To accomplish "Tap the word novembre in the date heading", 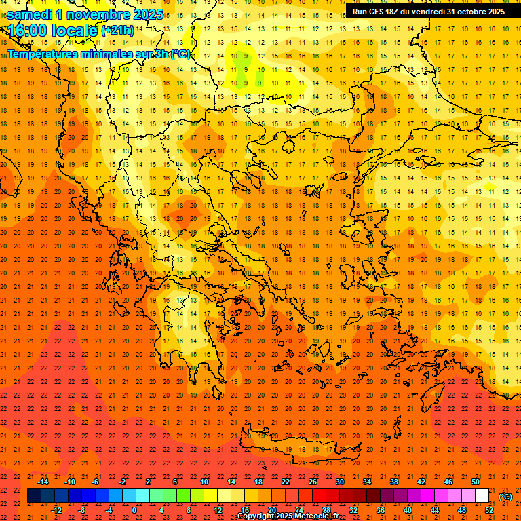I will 99,14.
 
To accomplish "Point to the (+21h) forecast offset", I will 117,31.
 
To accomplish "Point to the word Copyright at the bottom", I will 256,516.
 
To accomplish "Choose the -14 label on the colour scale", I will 43,482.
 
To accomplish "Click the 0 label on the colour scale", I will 134,510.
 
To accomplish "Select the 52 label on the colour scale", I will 489,510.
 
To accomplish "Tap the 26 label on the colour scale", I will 313,482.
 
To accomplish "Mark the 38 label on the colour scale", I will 394,482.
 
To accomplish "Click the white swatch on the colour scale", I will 482,496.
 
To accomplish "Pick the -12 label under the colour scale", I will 56,510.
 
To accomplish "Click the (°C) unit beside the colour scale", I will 505,497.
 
